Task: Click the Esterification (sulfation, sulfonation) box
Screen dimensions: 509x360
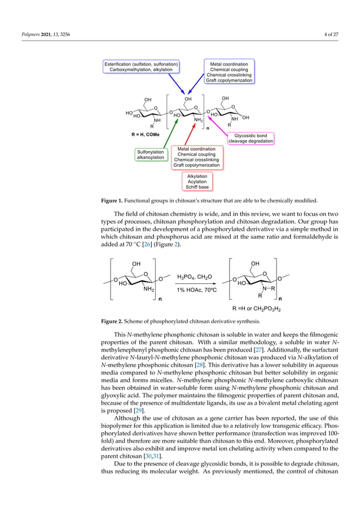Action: click(x=142, y=67)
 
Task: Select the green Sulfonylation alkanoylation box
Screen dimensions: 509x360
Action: click(x=150, y=155)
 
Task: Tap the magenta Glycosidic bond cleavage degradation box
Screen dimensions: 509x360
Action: click(x=251, y=138)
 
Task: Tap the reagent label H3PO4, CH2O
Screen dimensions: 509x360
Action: click(x=195, y=277)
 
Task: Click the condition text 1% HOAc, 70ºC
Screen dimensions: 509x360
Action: click(x=195, y=289)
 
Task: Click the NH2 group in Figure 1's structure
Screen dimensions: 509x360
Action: click(x=198, y=120)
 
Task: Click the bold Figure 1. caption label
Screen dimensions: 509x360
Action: click(x=113, y=200)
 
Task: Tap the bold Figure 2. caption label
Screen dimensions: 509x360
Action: click(x=113, y=322)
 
